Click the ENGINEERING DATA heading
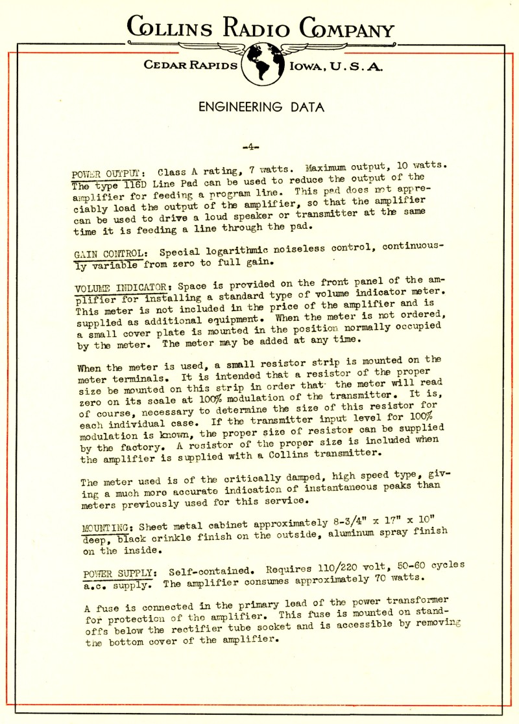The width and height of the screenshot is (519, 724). click(x=259, y=107)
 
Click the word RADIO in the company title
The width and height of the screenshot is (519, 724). click(x=254, y=29)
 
